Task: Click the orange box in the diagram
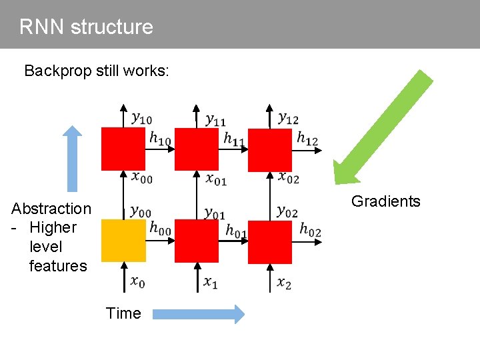point(123,241)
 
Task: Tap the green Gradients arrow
point(383,127)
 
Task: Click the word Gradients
point(385,201)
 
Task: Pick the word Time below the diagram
point(123,313)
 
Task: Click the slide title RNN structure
point(86,27)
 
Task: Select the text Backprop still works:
point(96,71)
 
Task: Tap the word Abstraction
point(51,209)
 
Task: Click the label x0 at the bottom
point(137,283)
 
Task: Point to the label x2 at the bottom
point(284,283)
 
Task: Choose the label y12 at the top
point(288,119)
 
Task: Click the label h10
point(159,139)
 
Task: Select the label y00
point(141,211)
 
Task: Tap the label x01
point(216,179)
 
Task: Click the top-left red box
point(123,149)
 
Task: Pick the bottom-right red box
point(270,241)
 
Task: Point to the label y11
point(215,119)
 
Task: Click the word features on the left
point(58,266)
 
